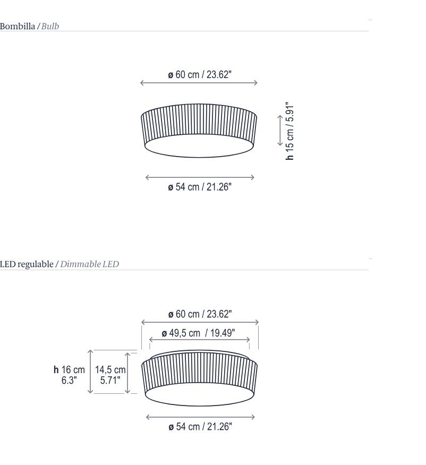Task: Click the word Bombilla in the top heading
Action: pyautogui.click(x=17, y=26)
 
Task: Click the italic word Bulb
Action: pyautogui.click(x=50, y=26)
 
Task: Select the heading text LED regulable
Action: pyautogui.click(x=27, y=264)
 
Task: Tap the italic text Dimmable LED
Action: pyautogui.click(x=90, y=264)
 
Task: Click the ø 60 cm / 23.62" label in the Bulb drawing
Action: pyautogui.click(x=200, y=74)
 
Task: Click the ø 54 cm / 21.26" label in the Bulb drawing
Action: pyautogui.click(x=200, y=187)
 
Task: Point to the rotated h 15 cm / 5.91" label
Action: pyautogui.click(x=289, y=131)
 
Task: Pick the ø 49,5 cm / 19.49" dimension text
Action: pyautogui.click(x=198, y=333)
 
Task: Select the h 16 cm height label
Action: pyautogui.click(x=69, y=369)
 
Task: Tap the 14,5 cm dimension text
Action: pyautogui.click(x=110, y=369)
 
